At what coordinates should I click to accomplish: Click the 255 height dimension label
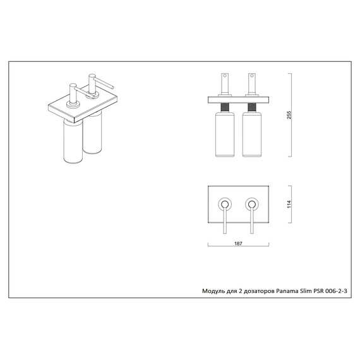click(x=289, y=115)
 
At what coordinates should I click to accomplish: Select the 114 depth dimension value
click(x=289, y=204)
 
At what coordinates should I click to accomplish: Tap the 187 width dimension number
click(x=238, y=244)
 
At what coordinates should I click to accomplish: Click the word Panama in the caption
click(x=287, y=291)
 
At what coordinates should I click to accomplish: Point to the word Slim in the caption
click(x=306, y=291)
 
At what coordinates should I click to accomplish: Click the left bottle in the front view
click(x=225, y=135)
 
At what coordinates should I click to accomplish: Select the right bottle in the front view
click(x=252, y=135)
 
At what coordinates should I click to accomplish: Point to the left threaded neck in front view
click(x=225, y=107)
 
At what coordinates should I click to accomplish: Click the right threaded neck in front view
click(x=252, y=107)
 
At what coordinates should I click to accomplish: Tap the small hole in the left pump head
click(x=225, y=76)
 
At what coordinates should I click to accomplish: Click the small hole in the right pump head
click(x=252, y=76)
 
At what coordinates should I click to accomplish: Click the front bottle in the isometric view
click(x=73, y=141)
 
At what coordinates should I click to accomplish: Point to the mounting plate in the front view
click(x=238, y=100)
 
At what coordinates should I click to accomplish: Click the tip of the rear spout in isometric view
click(x=113, y=87)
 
